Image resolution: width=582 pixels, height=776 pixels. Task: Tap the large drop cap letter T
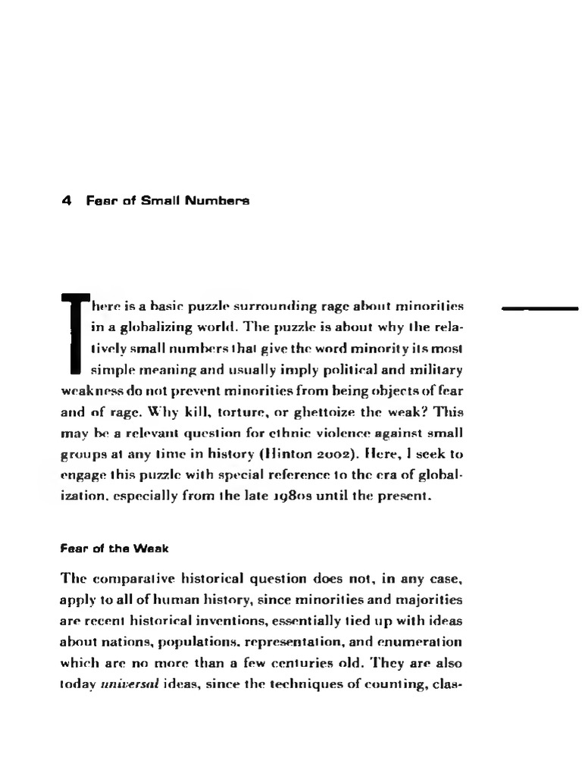pos(74,333)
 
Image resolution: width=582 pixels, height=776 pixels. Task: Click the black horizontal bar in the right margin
pos(540,308)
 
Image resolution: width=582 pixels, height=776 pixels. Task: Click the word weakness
pos(89,392)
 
